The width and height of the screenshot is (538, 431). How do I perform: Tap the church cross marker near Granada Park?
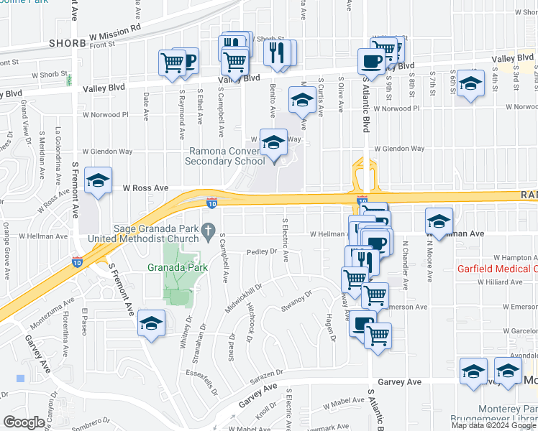[x=209, y=231]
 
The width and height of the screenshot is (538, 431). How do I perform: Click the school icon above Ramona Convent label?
[x=273, y=143]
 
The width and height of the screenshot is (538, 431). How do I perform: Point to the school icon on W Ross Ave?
[x=98, y=180]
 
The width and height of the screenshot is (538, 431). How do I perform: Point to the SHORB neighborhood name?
[x=68, y=43]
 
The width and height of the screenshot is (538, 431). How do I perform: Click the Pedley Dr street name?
[x=262, y=251]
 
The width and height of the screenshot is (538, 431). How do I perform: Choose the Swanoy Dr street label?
[x=297, y=298]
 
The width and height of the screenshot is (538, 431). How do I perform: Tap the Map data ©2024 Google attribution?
[x=493, y=425]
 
